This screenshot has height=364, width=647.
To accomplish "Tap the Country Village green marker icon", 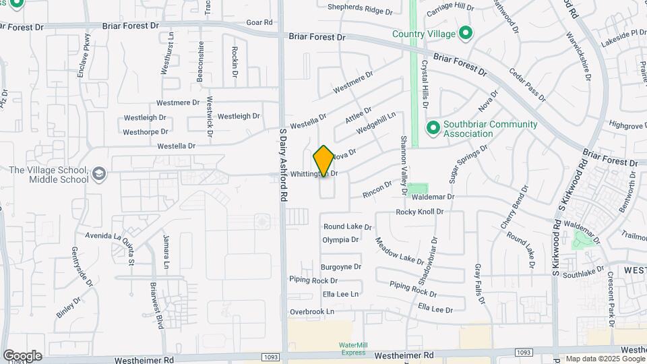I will (x=465, y=32).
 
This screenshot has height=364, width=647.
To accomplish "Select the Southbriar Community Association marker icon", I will (x=433, y=127).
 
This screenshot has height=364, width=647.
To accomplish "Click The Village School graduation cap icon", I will (x=99, y=174).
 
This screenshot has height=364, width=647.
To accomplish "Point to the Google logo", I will (x=22, y=355).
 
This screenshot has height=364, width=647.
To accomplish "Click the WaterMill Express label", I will (x=352, y=348).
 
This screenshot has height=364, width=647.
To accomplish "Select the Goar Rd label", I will (x=259, y=22).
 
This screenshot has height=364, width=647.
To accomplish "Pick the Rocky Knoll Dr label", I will (x=419, y=212).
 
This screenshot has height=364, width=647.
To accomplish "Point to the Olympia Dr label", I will (x=340, y=240).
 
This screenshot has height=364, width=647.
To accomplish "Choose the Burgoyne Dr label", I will (x=341, y=267).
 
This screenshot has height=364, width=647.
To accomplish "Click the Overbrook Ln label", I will (x=312, y=311).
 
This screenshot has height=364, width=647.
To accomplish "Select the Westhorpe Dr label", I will (x=146, y=132).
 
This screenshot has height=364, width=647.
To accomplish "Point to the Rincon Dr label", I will (x=377, y=189).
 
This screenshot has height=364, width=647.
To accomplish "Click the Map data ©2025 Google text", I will (x=605, y=359).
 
